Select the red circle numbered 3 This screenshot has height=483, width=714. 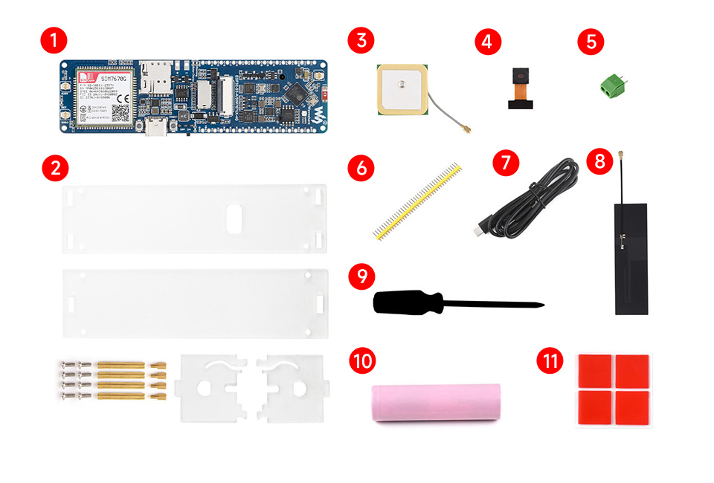pyautogui.click(x=361, y=40)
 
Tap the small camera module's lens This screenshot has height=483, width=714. pyautogui.click(x=518, y=75)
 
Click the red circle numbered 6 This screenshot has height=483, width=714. pyautogui.click(x=361, y=167)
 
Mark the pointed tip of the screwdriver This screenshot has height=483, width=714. pyautogui.click(x=543, y=305)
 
